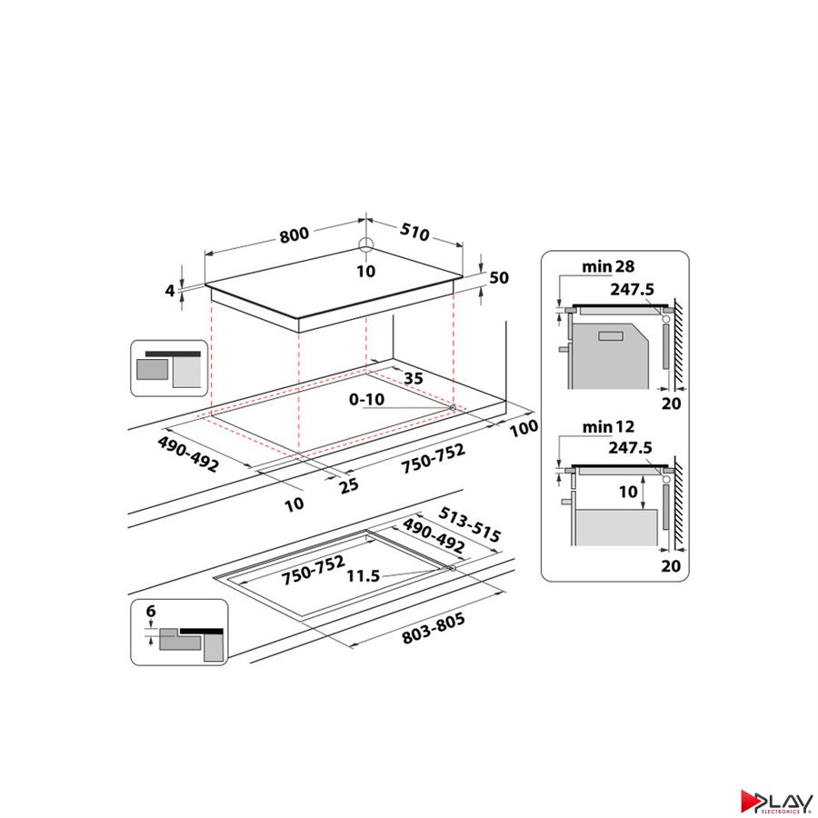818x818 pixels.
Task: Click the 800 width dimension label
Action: [x=294, y=234]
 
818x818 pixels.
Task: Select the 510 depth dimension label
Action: [x=414, y=232]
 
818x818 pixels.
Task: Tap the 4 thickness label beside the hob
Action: [x=170, y=291]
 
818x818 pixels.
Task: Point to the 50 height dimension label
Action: [x=499, y=277]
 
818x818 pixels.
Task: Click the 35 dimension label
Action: [x=414, y=378]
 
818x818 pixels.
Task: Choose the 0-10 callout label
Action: [x=366, y=400]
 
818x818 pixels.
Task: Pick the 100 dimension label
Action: [x=524, y=428]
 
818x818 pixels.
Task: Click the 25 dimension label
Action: [x=348, y=485]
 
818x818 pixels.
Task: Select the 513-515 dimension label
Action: [x=470, y=524]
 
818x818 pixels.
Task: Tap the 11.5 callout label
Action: [x=364, y=576]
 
